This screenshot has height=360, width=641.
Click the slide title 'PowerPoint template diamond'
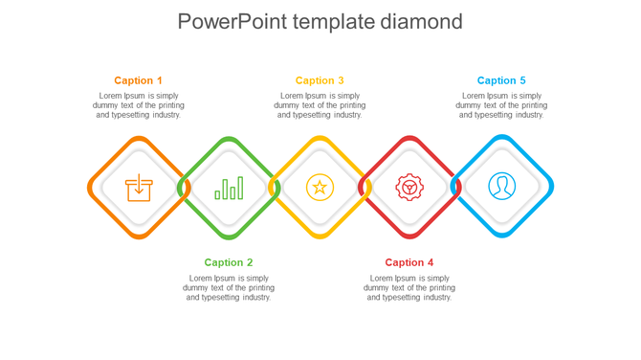point(320,22)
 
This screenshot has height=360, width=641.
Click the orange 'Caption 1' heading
point(139,80)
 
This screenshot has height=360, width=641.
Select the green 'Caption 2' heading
point(229,262)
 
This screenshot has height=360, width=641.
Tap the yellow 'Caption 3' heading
point(320,80)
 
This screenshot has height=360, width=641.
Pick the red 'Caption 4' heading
point(409,262)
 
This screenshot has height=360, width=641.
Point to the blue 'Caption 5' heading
point(501,80)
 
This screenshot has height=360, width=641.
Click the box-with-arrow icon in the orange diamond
point(139,187)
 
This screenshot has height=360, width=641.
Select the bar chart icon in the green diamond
point(229,188)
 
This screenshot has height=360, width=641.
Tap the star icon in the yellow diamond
point(320,187)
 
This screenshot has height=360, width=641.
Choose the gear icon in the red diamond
point(409,187)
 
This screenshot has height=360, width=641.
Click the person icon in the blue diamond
point(501,187)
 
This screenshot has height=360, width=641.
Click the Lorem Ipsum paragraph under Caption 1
point(139,105)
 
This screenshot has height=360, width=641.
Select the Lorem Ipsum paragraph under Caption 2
point(229,287)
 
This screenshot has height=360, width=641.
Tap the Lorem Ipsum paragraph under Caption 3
point(320,105)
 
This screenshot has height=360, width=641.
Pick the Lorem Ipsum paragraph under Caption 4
point(409,287)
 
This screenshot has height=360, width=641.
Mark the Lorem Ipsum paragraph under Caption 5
point(501,105)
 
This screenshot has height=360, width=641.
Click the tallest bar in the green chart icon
point(240,187)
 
